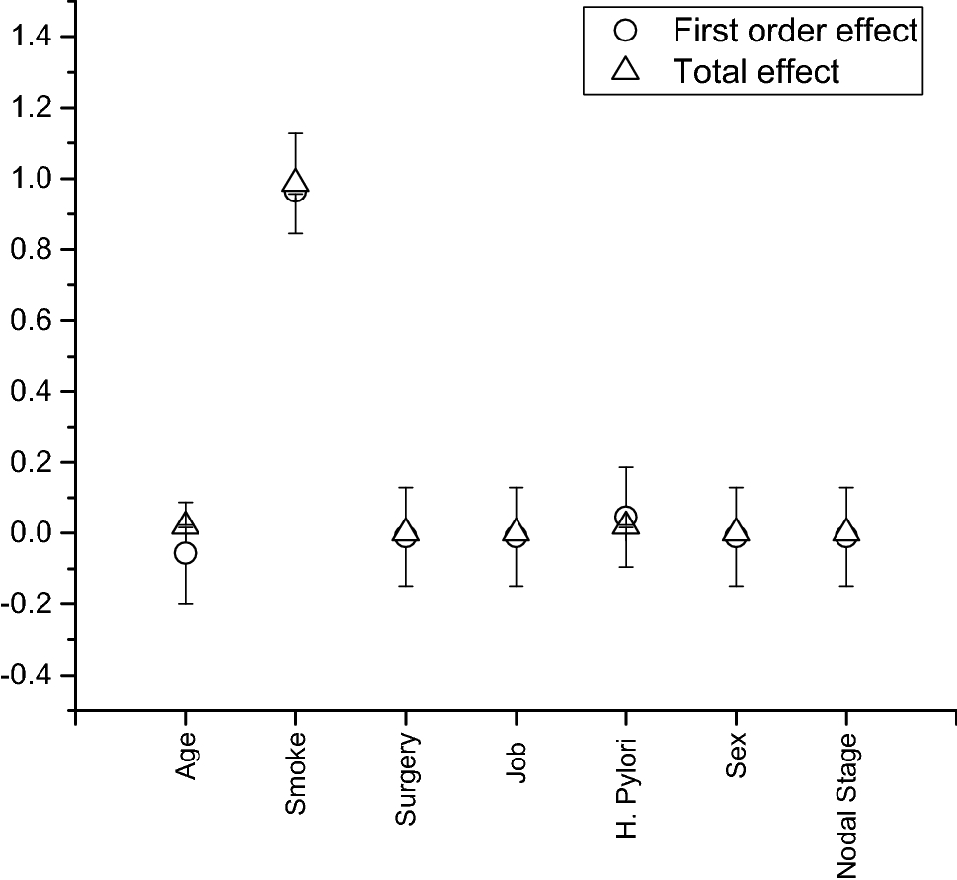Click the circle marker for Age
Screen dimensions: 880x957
tap(185, 553)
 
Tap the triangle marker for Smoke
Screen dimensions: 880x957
tap(295, 183)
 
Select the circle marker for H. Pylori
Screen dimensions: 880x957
tap(625, 517)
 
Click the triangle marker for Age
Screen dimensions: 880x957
tap(186, 523)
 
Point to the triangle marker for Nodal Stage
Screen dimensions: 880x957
tap(845, 531)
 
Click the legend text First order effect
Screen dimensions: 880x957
tap(796, 31)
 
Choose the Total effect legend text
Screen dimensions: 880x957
tap(757, 71)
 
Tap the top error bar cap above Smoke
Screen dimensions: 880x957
tap(295, 132)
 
